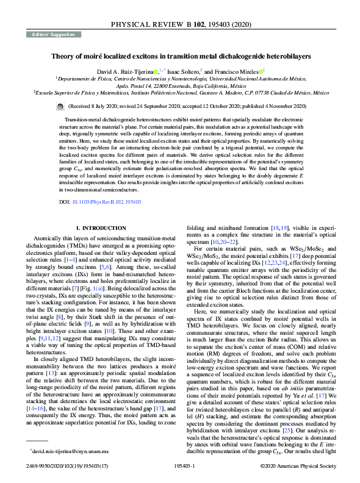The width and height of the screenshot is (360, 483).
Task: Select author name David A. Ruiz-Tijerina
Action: click(126, 71)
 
